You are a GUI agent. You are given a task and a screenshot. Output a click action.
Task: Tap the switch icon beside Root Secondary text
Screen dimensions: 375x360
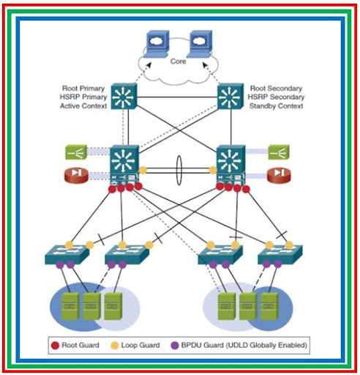coord(231,96)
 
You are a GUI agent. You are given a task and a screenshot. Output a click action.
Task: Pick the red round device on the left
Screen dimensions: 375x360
coord(78,174)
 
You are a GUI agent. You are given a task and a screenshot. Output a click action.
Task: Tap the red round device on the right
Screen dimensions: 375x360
coord(278,174)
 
